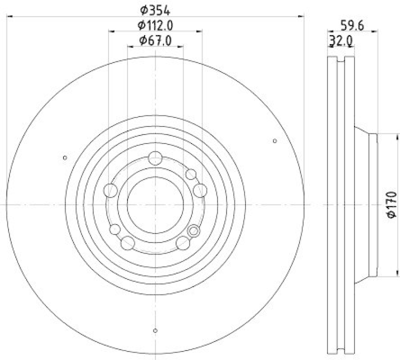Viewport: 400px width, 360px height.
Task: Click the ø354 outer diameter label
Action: [x=155, y=9]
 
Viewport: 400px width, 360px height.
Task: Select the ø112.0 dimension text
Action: [x=155, y=25]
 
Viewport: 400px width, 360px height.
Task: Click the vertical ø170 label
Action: [x=391, y=204]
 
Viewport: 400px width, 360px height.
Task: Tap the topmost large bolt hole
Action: [x=155, y=159]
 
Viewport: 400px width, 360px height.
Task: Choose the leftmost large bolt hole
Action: [x=110, y=190]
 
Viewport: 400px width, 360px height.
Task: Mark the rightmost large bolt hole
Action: [x=200, y=190]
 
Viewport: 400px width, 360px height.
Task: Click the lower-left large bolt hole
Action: [x=128, y=243]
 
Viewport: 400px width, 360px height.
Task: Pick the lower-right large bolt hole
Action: [x=183, y=243]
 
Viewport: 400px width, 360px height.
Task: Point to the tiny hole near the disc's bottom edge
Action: [x=155, y=330]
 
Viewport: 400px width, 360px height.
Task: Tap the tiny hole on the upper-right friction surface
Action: [x=274, y=141]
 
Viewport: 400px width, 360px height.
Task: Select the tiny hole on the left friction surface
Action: [x=64, y=158]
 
